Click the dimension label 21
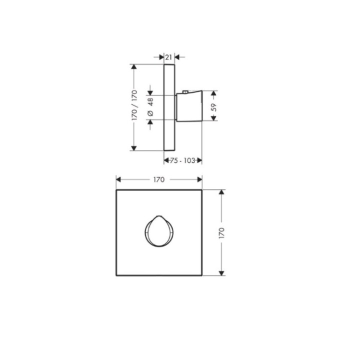tap(168, 57)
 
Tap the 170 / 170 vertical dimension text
tap(134, 105)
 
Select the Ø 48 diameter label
tap(150, 107)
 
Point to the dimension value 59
tap(214, 107)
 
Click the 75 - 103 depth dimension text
tap(183, 160)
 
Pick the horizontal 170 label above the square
tap(159, 179)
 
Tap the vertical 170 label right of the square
tap(221, 233)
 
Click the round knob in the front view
tap(159, 231)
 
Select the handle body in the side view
tap(189, 106)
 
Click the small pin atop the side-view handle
tap(185, 92)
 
